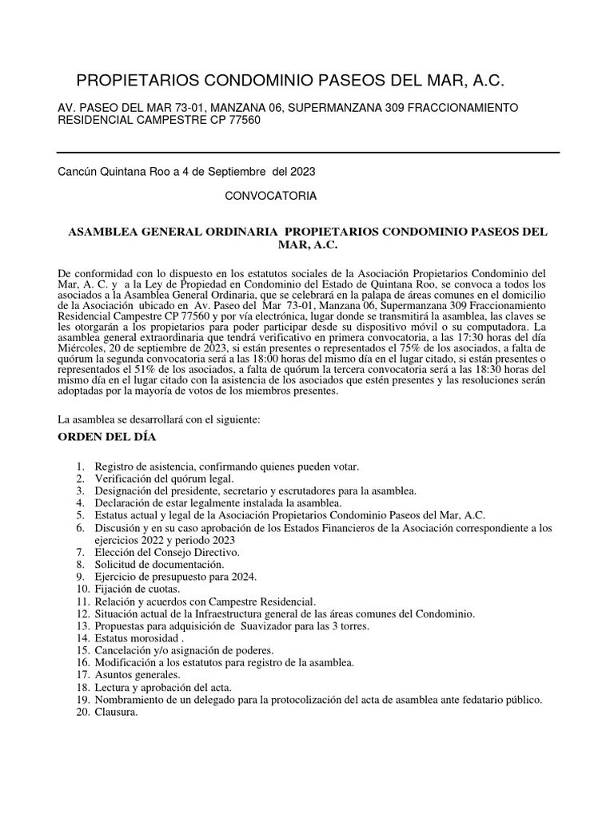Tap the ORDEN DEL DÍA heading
pos(108,438)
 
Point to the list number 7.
pos(81,553)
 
